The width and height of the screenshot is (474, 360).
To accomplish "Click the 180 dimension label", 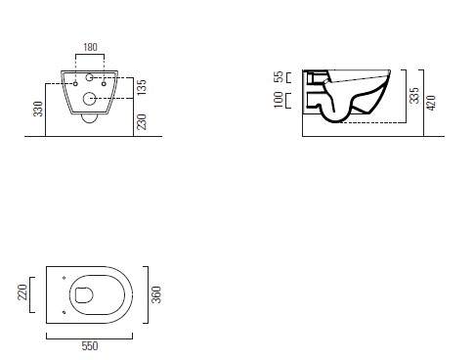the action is click(90, 47).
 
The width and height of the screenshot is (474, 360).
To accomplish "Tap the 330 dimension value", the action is click(38, 109).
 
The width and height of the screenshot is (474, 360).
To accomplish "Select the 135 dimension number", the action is click(142, 87).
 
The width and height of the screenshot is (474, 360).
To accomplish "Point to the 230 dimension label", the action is click(142, 122).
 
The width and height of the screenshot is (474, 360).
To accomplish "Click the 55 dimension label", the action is click(279, 77).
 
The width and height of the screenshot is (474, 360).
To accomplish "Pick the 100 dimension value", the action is click(279, 100).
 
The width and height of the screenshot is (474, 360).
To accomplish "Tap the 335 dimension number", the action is click(414, 95).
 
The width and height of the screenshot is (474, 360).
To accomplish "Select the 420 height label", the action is click(431, 103).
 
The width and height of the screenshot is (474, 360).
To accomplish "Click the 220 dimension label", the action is click(22, 292).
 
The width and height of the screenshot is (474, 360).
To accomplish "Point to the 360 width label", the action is click(156, 294).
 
